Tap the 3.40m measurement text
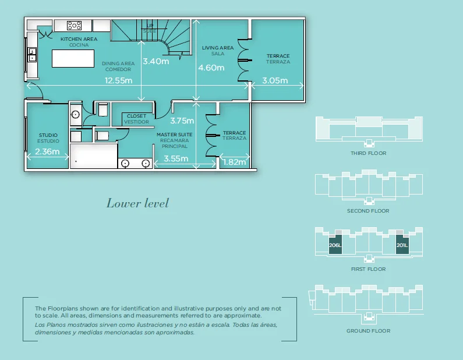coord(155,61)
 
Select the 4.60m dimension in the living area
coord(211,68)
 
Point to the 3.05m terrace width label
coord(275,81)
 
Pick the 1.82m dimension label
coord(234,162)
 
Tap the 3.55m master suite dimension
coord(175,158)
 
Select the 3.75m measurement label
coord(182,121)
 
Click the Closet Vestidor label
coord(137,119)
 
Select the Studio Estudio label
coord(48,138)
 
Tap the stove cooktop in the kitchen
coord(74,25)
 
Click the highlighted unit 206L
coord(335,245)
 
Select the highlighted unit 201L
coord(402,245)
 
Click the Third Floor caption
coord(368,153)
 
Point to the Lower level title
coord(137,203)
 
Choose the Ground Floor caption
coord(368,331)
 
